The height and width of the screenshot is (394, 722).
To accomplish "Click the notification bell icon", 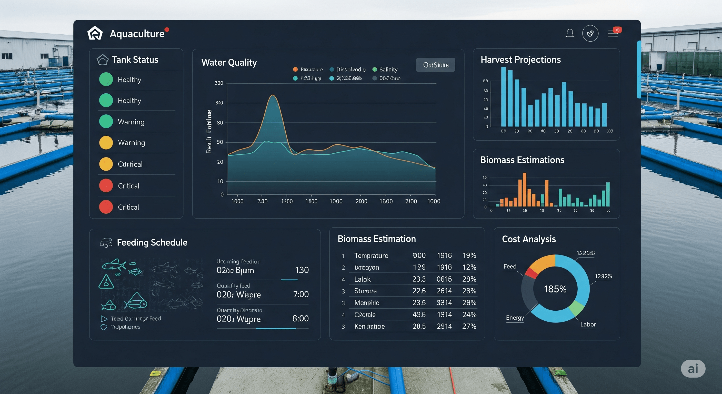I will point(569,33).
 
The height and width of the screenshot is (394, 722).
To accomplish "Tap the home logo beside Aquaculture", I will point(95,33).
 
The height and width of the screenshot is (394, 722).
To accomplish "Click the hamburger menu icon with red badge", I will point(613,33).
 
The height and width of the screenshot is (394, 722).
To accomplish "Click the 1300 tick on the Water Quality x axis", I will point(287,201).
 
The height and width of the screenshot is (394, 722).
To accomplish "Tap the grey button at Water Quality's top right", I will point(435,65).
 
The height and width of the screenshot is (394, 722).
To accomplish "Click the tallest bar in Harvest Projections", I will point(503,97).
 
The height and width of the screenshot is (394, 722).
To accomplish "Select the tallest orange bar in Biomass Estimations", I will point(524,190).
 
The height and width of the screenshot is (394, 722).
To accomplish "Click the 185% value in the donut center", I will point(555,289).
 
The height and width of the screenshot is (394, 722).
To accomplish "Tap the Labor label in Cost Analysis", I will point(588,324).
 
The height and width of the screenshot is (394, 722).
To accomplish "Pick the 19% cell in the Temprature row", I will point(469,255).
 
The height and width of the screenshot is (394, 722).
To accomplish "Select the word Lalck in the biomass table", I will point(362,279).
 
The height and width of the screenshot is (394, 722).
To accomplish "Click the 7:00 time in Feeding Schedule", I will point(301,294).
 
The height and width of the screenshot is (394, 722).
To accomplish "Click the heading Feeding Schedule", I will point(152,242).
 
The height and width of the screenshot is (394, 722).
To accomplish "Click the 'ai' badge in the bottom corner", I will point(693,369).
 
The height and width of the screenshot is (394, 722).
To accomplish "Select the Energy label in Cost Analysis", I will point(515,318).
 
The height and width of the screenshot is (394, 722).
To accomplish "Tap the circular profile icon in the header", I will point(590,33).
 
